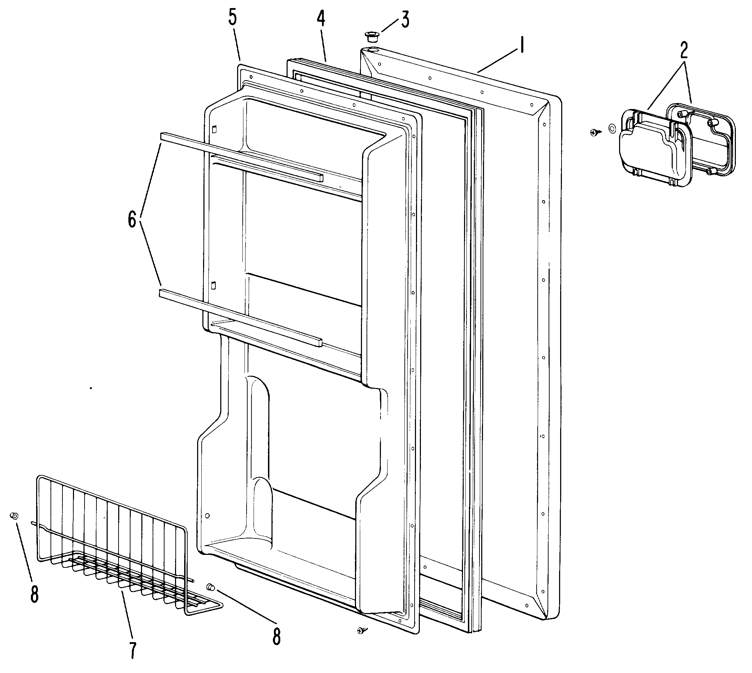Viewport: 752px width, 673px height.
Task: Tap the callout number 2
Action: [684, 51]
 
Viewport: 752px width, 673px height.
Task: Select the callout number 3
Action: [405, 20]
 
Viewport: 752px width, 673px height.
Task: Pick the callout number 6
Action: [132, 220]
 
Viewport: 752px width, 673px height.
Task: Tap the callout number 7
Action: [133, 655]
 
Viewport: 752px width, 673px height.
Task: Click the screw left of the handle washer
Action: [595, 132]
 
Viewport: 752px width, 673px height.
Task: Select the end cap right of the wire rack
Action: [211, 586]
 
